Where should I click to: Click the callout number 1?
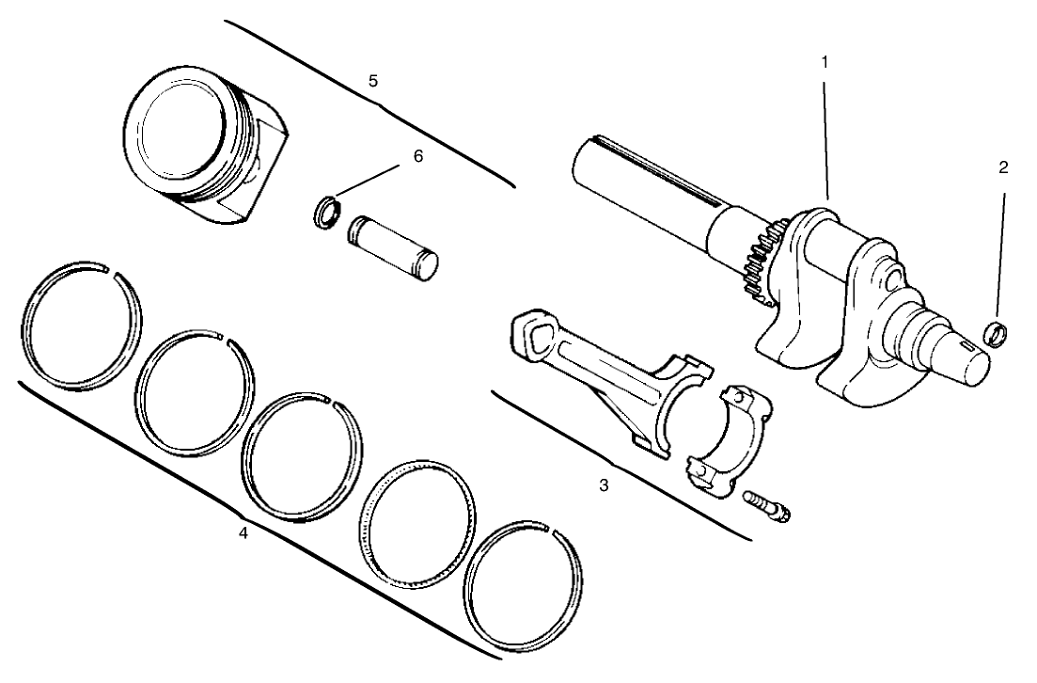825,61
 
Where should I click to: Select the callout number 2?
1003,167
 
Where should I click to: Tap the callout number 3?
605,485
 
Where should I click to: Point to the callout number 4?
243,533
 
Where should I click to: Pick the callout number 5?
373,81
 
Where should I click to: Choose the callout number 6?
418,156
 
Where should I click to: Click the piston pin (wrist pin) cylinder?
393,246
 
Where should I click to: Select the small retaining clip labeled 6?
326,212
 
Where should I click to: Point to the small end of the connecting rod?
533,332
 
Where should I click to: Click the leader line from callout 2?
999,254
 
